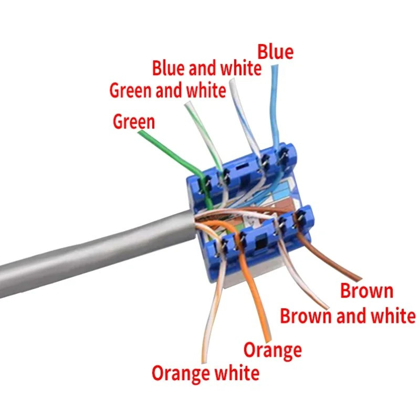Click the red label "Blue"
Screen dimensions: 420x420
coord(275,52)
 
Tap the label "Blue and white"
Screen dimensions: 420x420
coord(206,68)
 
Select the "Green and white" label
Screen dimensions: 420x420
coord(167,90)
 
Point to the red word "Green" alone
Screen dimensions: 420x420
coord(134,122)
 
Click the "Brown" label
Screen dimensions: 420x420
coord(366,291)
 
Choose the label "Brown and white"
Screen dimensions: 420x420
coord(348,316)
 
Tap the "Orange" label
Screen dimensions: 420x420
coord(272,350)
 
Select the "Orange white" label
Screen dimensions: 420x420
coord(205,373)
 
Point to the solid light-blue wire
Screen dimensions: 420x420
coord(275,107)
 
